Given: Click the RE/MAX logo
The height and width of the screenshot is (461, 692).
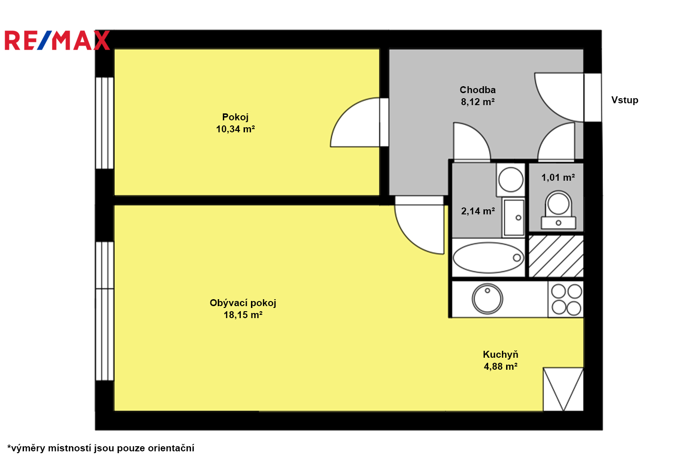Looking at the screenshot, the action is coord(57,40).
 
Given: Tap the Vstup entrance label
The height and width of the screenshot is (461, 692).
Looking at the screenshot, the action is coord(625,100).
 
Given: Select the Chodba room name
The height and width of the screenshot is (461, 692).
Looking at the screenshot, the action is coord(477,90).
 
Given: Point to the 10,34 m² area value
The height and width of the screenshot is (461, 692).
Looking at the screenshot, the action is coord(235,129).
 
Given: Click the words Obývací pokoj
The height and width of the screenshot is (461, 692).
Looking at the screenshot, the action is coord(243,303).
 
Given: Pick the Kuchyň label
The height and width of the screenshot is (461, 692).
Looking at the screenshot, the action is coord(501,355).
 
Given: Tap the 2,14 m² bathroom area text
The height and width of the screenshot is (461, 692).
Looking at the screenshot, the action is coord(478,211).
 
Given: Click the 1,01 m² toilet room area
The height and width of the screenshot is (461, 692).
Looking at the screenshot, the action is coord(558,177).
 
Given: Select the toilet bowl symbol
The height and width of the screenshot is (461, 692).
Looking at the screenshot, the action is coord(558,210).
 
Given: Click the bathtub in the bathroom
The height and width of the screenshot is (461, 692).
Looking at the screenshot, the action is coord(489,258).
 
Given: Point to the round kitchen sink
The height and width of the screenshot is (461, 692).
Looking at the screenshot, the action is coord(487,299).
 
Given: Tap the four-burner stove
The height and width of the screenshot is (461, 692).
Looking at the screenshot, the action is coord(566,299).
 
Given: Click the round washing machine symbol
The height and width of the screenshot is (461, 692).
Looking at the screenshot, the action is coord(511,180).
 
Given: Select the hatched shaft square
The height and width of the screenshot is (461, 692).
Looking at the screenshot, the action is coord(556,256).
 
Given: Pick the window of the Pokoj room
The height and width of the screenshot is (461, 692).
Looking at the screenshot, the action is coord(104,123).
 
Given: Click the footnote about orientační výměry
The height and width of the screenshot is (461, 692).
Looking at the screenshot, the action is coord(101,448).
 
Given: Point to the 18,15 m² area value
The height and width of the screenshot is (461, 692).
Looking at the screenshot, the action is coord(243,315).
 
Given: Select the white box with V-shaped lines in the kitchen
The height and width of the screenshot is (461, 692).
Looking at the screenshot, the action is coord(563,390).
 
